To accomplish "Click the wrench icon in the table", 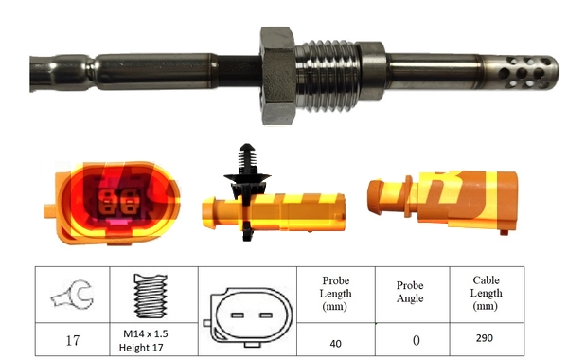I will coord(72,296).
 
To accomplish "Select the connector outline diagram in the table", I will coord(242,314).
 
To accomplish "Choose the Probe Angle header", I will coord(410,293).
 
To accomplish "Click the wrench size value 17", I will coord(73,339).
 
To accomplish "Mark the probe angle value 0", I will coord(410,339).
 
